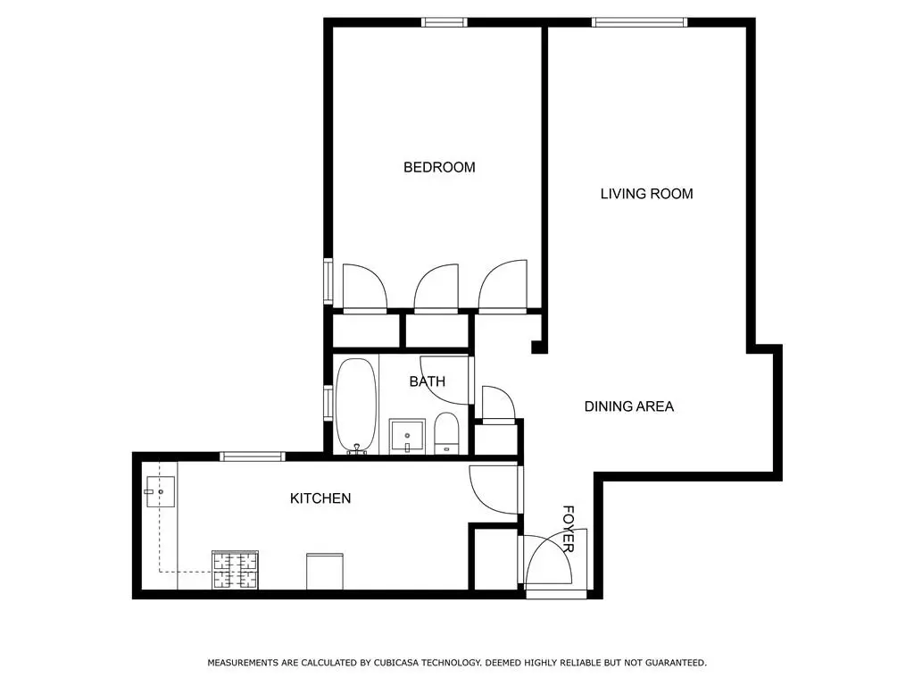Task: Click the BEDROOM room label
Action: point(439,167)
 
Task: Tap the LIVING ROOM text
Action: point(646,194)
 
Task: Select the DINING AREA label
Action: point(628,406)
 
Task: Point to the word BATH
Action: point(427,381)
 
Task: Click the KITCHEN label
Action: point(320,498)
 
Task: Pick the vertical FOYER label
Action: point(569,528)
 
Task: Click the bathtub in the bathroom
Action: point(356,406)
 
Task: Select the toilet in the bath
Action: point(446,433)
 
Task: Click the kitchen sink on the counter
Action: point(159,490)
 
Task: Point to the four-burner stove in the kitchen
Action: point(235,570)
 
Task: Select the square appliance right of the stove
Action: point(324,571)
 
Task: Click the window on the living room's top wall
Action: point(640,22)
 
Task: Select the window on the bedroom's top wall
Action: point(445,22)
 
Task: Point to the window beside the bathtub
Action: point(328,406)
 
